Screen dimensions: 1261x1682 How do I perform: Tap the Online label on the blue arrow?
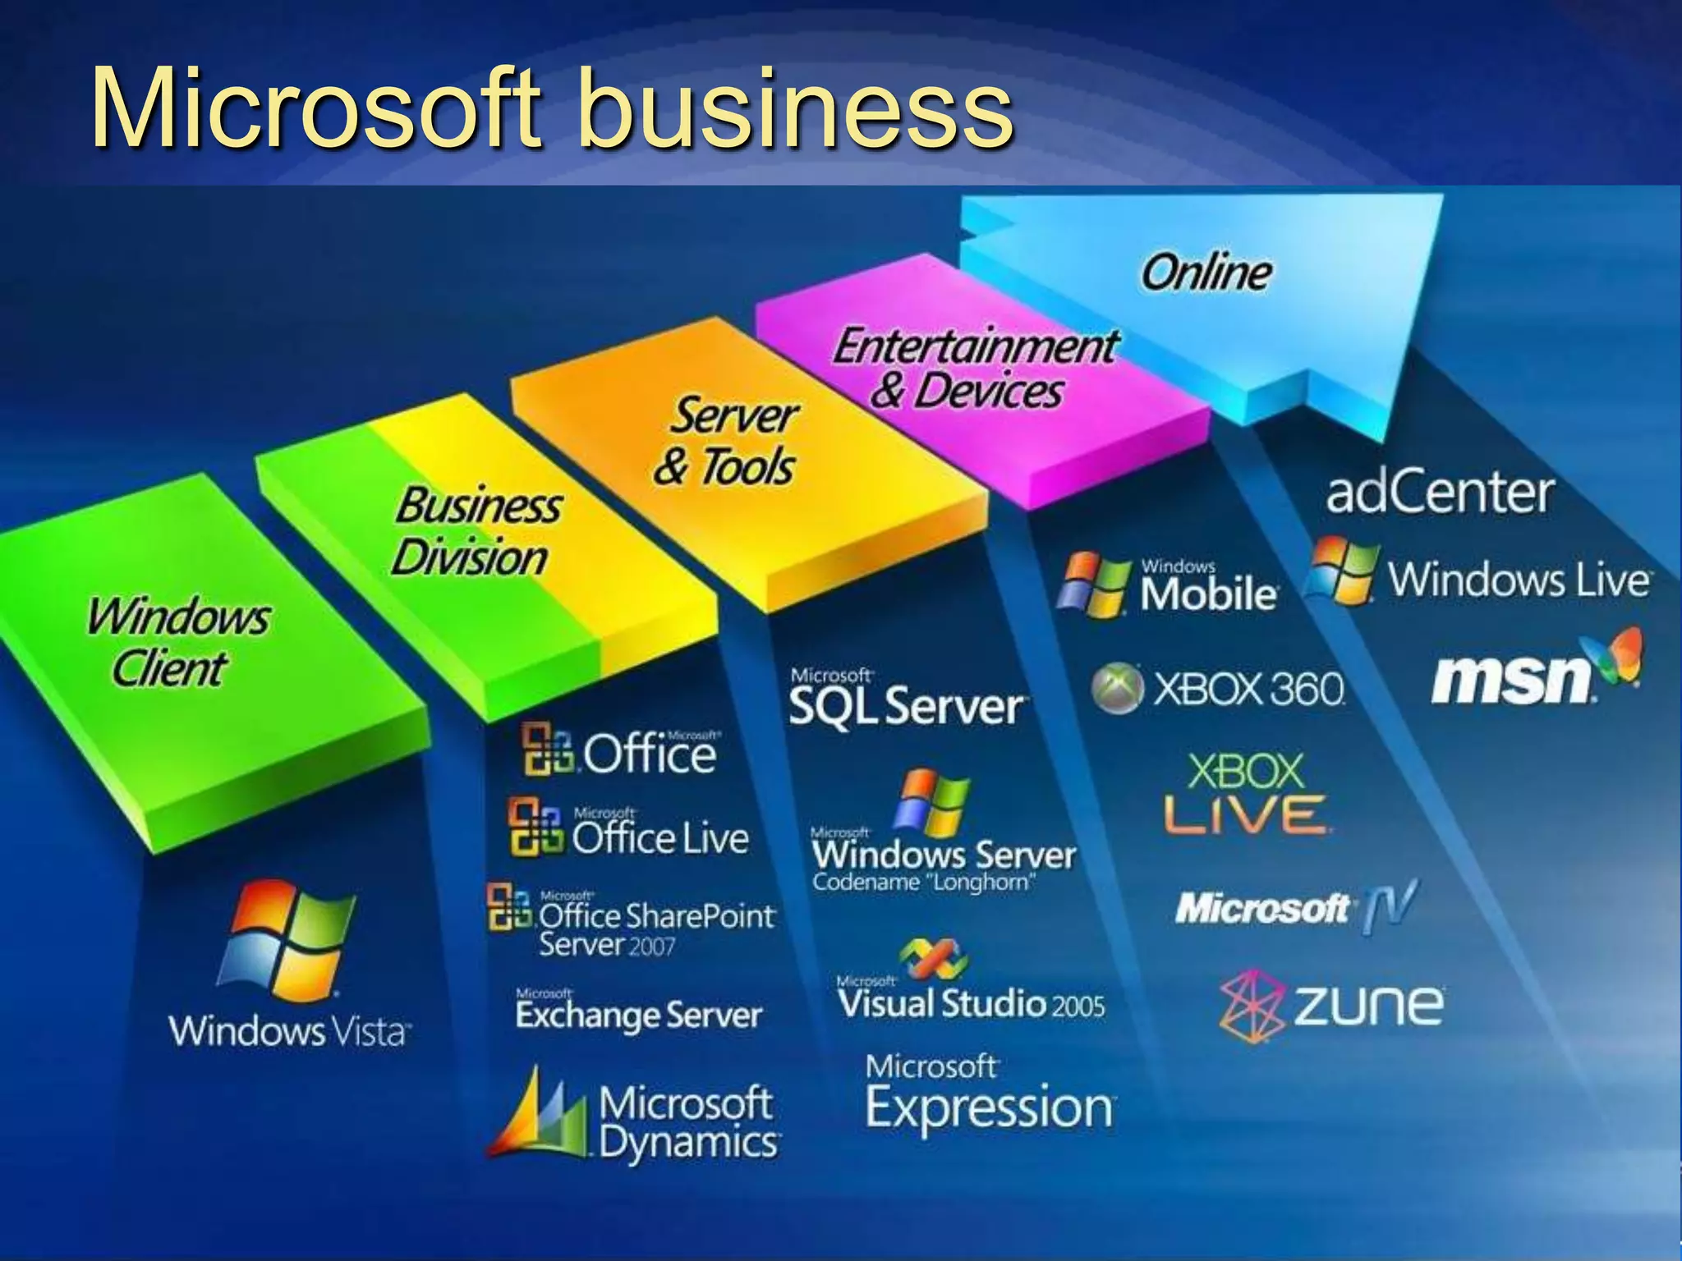tap(1206, 273)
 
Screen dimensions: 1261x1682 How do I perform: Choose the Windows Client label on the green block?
tap(176, 641)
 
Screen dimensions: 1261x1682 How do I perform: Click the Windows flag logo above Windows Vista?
tap(286, 941)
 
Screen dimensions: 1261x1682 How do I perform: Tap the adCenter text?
tap(1440, 493)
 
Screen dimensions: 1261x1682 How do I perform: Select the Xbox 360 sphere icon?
tap(1117, 688)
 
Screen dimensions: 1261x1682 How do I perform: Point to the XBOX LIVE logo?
tap(1245, 793)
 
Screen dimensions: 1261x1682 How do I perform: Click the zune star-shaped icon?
tap(1250, 1007)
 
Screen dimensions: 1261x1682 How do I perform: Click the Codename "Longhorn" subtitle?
tap(923, 883)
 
